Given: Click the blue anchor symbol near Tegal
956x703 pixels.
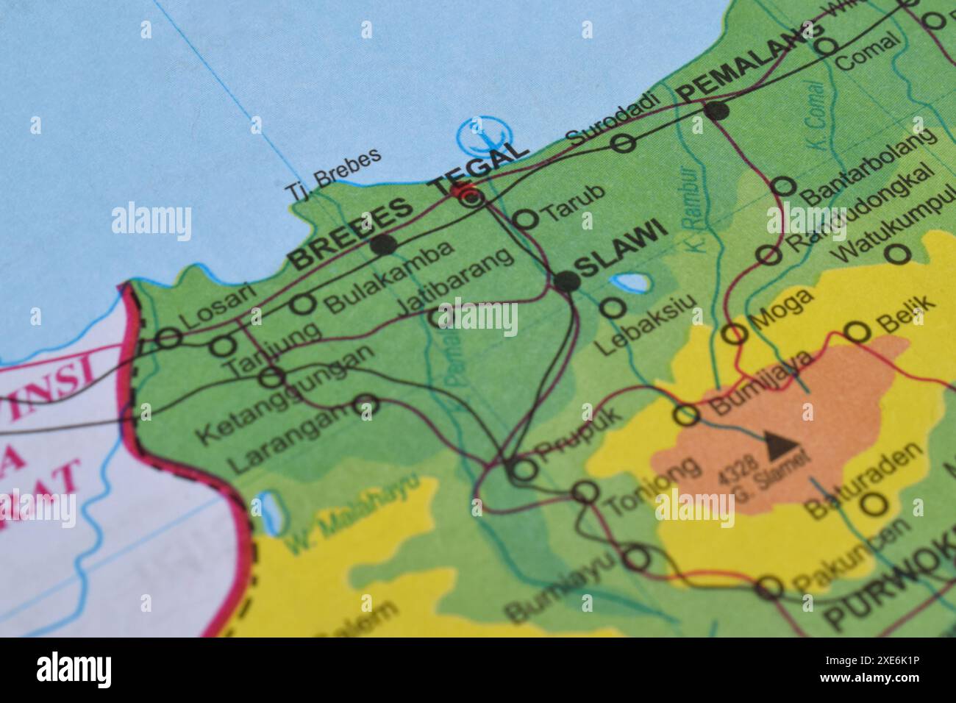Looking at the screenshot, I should (x=483, y=135).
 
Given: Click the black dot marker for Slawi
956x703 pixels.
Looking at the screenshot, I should (x=566, y=281).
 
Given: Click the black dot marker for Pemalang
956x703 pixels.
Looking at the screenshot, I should (x=716, y=111).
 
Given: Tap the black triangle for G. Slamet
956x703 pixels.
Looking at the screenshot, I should (x=774, y=441).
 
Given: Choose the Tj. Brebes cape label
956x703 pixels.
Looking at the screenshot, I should (x=333, y=175).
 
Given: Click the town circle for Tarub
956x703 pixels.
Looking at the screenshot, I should (x=525, y=218).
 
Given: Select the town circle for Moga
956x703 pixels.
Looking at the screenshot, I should (x=734, y=334).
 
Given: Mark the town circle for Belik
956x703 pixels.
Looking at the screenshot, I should (x=857, y=332).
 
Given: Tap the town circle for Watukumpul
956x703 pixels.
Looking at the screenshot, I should (x=897, y=254).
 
